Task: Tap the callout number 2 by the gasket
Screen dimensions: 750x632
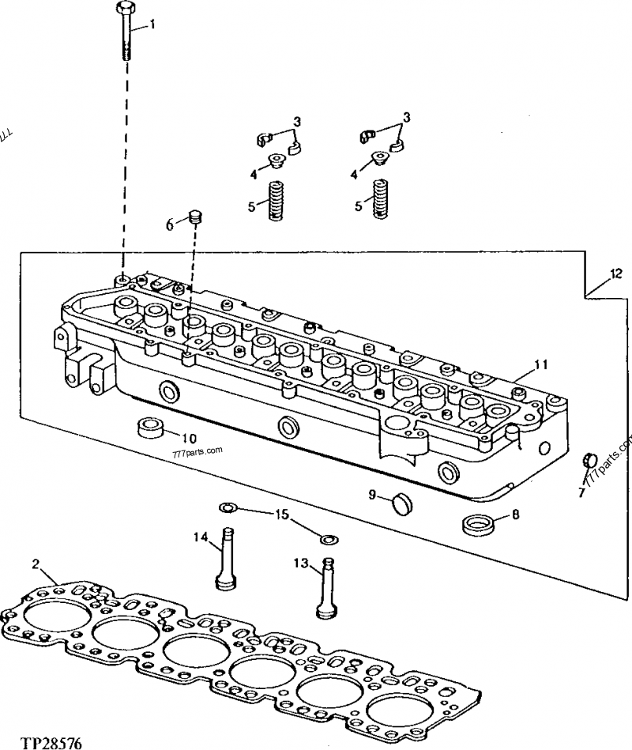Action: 36,563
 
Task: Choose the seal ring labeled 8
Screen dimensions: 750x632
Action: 477,522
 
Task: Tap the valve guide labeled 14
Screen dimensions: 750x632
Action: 225,558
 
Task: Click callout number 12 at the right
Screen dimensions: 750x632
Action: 615,274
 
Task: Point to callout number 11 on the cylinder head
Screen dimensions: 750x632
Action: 540,365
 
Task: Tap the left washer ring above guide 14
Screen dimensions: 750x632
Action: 228,507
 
